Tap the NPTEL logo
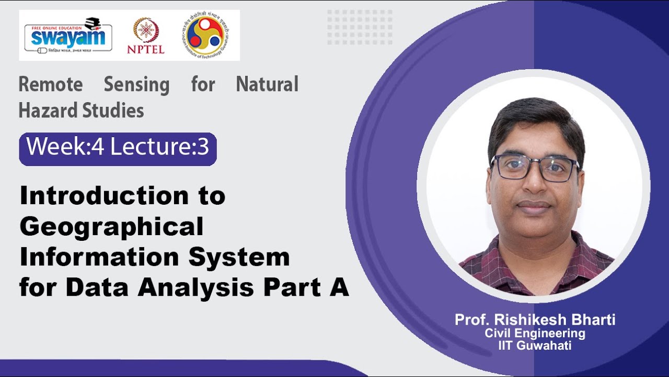tap(145, 36)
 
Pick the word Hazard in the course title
tap(48, 110)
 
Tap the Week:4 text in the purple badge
tap(65, 148)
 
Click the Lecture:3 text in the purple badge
tap(159, 148)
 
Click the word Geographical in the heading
tap(111, 227)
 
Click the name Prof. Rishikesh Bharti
tap(535, 320)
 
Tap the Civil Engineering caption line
tap(535, 334)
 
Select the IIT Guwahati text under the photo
tap(535, 346)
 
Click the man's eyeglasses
tap(534, 168)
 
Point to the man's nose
tap(533, 186)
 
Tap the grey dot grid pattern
tap(359, 27)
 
